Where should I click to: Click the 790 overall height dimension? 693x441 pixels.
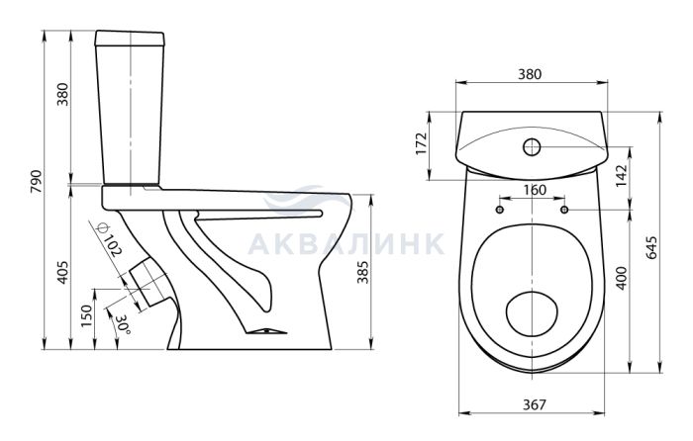coord(37,181)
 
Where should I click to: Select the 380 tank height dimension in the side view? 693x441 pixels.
coord(63,94)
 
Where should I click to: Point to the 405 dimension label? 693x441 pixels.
coord(63,272)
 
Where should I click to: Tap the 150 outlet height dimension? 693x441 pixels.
coord(87,315)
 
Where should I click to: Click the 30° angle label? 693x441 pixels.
coord(122,325)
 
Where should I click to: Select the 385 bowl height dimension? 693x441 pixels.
coord(362,272)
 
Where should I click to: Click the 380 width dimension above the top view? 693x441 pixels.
coord(529,74)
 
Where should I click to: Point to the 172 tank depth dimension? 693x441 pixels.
coord(422,143)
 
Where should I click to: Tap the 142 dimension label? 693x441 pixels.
coord(622,176)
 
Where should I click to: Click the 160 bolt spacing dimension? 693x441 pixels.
coord(535,190)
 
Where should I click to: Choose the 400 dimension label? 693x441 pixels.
coord(622,278)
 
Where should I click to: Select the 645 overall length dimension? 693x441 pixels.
coord(652,248)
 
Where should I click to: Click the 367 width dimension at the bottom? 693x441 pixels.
coord(535,404)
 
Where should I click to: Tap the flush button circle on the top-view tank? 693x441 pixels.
coord(532,146)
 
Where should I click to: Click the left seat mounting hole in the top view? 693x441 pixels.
coord(501,210)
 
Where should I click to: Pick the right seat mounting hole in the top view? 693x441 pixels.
coord(564,210)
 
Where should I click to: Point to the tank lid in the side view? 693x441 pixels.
coord(131,39)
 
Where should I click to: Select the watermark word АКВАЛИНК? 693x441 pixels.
coord(346,243)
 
